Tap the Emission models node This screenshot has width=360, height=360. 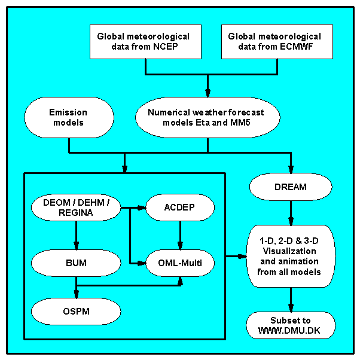[68, 117]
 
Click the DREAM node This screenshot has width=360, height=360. [291, 187]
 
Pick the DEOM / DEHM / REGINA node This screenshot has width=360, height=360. [76, 208]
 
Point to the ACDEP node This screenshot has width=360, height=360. [180, 208]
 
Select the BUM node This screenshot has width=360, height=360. [76, 261]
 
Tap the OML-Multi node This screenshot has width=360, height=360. [180, 261]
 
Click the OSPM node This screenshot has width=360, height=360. [76, 310]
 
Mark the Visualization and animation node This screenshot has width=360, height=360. [291, 257]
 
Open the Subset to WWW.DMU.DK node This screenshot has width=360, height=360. [291, 325]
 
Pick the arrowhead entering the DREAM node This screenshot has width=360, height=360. [291, 170]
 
